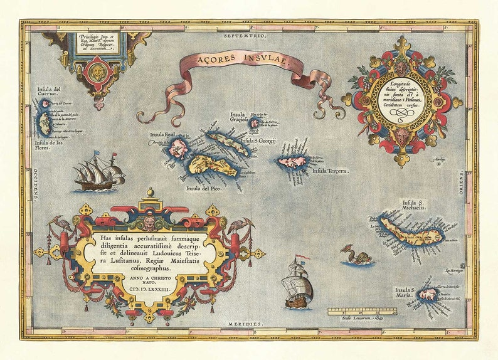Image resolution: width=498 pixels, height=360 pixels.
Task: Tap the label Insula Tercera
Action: [x=330, y=171]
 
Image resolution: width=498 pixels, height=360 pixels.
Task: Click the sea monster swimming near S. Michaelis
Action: [x=356, y=255]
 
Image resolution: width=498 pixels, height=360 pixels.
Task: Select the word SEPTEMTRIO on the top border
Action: [x=244, y=37]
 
